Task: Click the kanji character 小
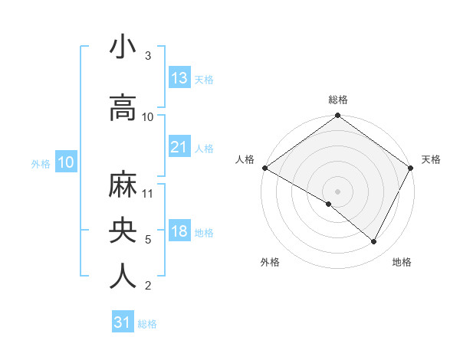pyautogui.click(x=123, y=47)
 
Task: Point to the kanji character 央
pyautogui.click(x=123, y=231)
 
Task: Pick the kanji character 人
pyautogui.click(x=123, y=277)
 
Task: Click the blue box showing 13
pyautogui.click(x=179, y=78)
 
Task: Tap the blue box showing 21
pyautogui.click(x=179, y=147)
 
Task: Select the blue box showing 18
pyautogui.click(x=179, y=231)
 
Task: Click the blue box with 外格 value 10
pyautogui.click(x=66, y=162)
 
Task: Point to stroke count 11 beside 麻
pyautogui.click(x=148, y=193)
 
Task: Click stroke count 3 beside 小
pyautogui.click(x=147, y=56)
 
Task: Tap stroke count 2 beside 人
pyautogui.click(x=147, y=286)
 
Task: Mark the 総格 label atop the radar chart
pyautogui.click(x=338, y=100)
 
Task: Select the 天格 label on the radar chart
pyautogui.click(x=431, y=159)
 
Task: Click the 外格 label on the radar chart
pyautogui.click(x=270, y=262)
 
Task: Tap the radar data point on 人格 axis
pyautogui.click(x=264, y=168)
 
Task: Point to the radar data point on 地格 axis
pyautogui.click(x=374, y=242)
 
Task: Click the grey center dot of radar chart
pyautogui.click(x=338, y=191)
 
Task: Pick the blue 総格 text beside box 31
pyautogui.click(x=147, y=324)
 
